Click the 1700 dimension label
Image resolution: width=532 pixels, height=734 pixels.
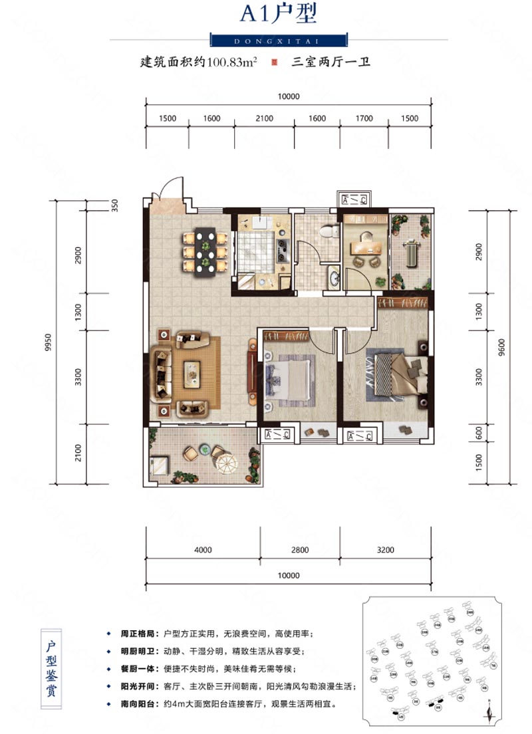pos(364,118)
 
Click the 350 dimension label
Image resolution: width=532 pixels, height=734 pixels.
pos(114,205)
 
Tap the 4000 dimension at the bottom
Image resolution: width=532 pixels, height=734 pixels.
pos(203,550)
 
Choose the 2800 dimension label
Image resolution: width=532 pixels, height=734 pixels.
pos(300,550)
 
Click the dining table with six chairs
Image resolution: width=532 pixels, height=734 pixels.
pos(204,251)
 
